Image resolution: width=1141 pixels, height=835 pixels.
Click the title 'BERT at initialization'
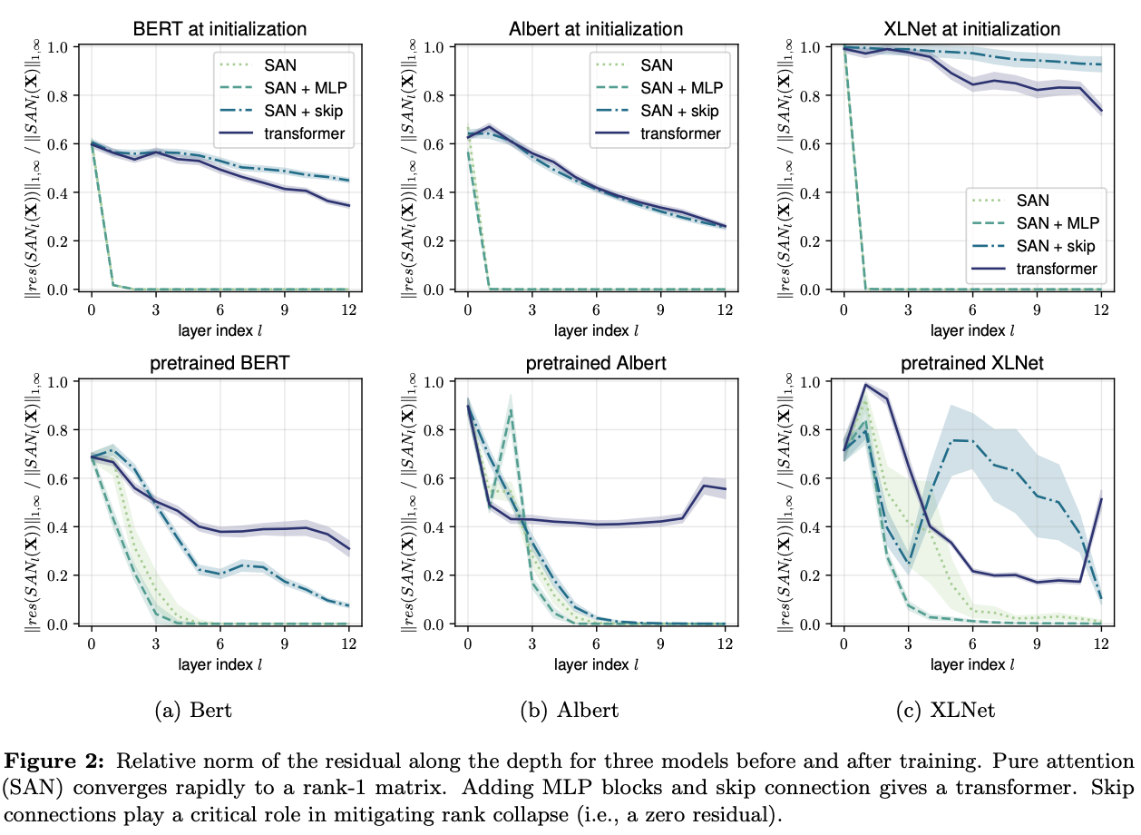(221, 29)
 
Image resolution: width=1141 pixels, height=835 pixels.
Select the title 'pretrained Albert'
(596, 364)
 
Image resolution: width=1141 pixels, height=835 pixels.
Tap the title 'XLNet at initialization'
(973, 29)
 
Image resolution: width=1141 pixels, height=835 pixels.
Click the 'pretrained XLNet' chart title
(972, 364)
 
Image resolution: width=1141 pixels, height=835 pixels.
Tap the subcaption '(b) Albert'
(570, 710)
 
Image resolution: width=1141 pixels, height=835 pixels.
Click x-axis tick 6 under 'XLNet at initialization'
(972, 309)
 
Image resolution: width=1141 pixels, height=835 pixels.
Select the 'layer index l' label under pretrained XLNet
(972, 663)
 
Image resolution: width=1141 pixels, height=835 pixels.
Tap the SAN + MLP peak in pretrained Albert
(511, 411)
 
